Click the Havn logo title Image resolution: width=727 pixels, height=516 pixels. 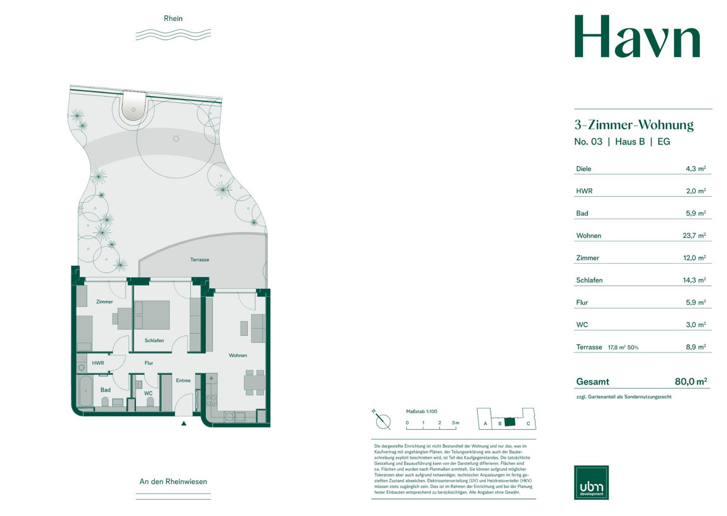[x=637, y=36]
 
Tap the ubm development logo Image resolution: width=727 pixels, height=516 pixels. [x=591, y=482]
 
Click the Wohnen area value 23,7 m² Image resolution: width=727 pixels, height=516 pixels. [x=694, y=235]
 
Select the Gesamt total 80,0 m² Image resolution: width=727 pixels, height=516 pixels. [x=691, y=381]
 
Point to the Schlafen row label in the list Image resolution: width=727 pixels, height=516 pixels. [x=589, y=280]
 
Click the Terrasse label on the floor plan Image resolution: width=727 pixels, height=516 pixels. [x=200, y=260]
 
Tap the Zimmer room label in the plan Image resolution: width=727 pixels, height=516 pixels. [x=105, y=302]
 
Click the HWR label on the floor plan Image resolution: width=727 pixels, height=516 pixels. [x=98, y=363]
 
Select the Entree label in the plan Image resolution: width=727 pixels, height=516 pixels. [x=183, y=380]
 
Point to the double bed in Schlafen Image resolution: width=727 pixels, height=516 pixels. [x=152, y=315]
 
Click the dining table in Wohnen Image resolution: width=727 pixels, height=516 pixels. [x=255, y=383]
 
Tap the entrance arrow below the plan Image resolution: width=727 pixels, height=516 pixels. [x=184, y=423]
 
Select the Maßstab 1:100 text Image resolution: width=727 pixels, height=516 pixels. [x=421, y=411]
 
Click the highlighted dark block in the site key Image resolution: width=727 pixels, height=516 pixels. [x=510, y=422]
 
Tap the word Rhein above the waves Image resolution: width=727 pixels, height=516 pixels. [x=173, y=18]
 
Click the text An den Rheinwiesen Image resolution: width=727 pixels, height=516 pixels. [x=173, y=481]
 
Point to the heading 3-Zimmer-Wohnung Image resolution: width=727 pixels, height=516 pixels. [x=634, y=125]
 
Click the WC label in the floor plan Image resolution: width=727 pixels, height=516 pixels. [x=148, y=393]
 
